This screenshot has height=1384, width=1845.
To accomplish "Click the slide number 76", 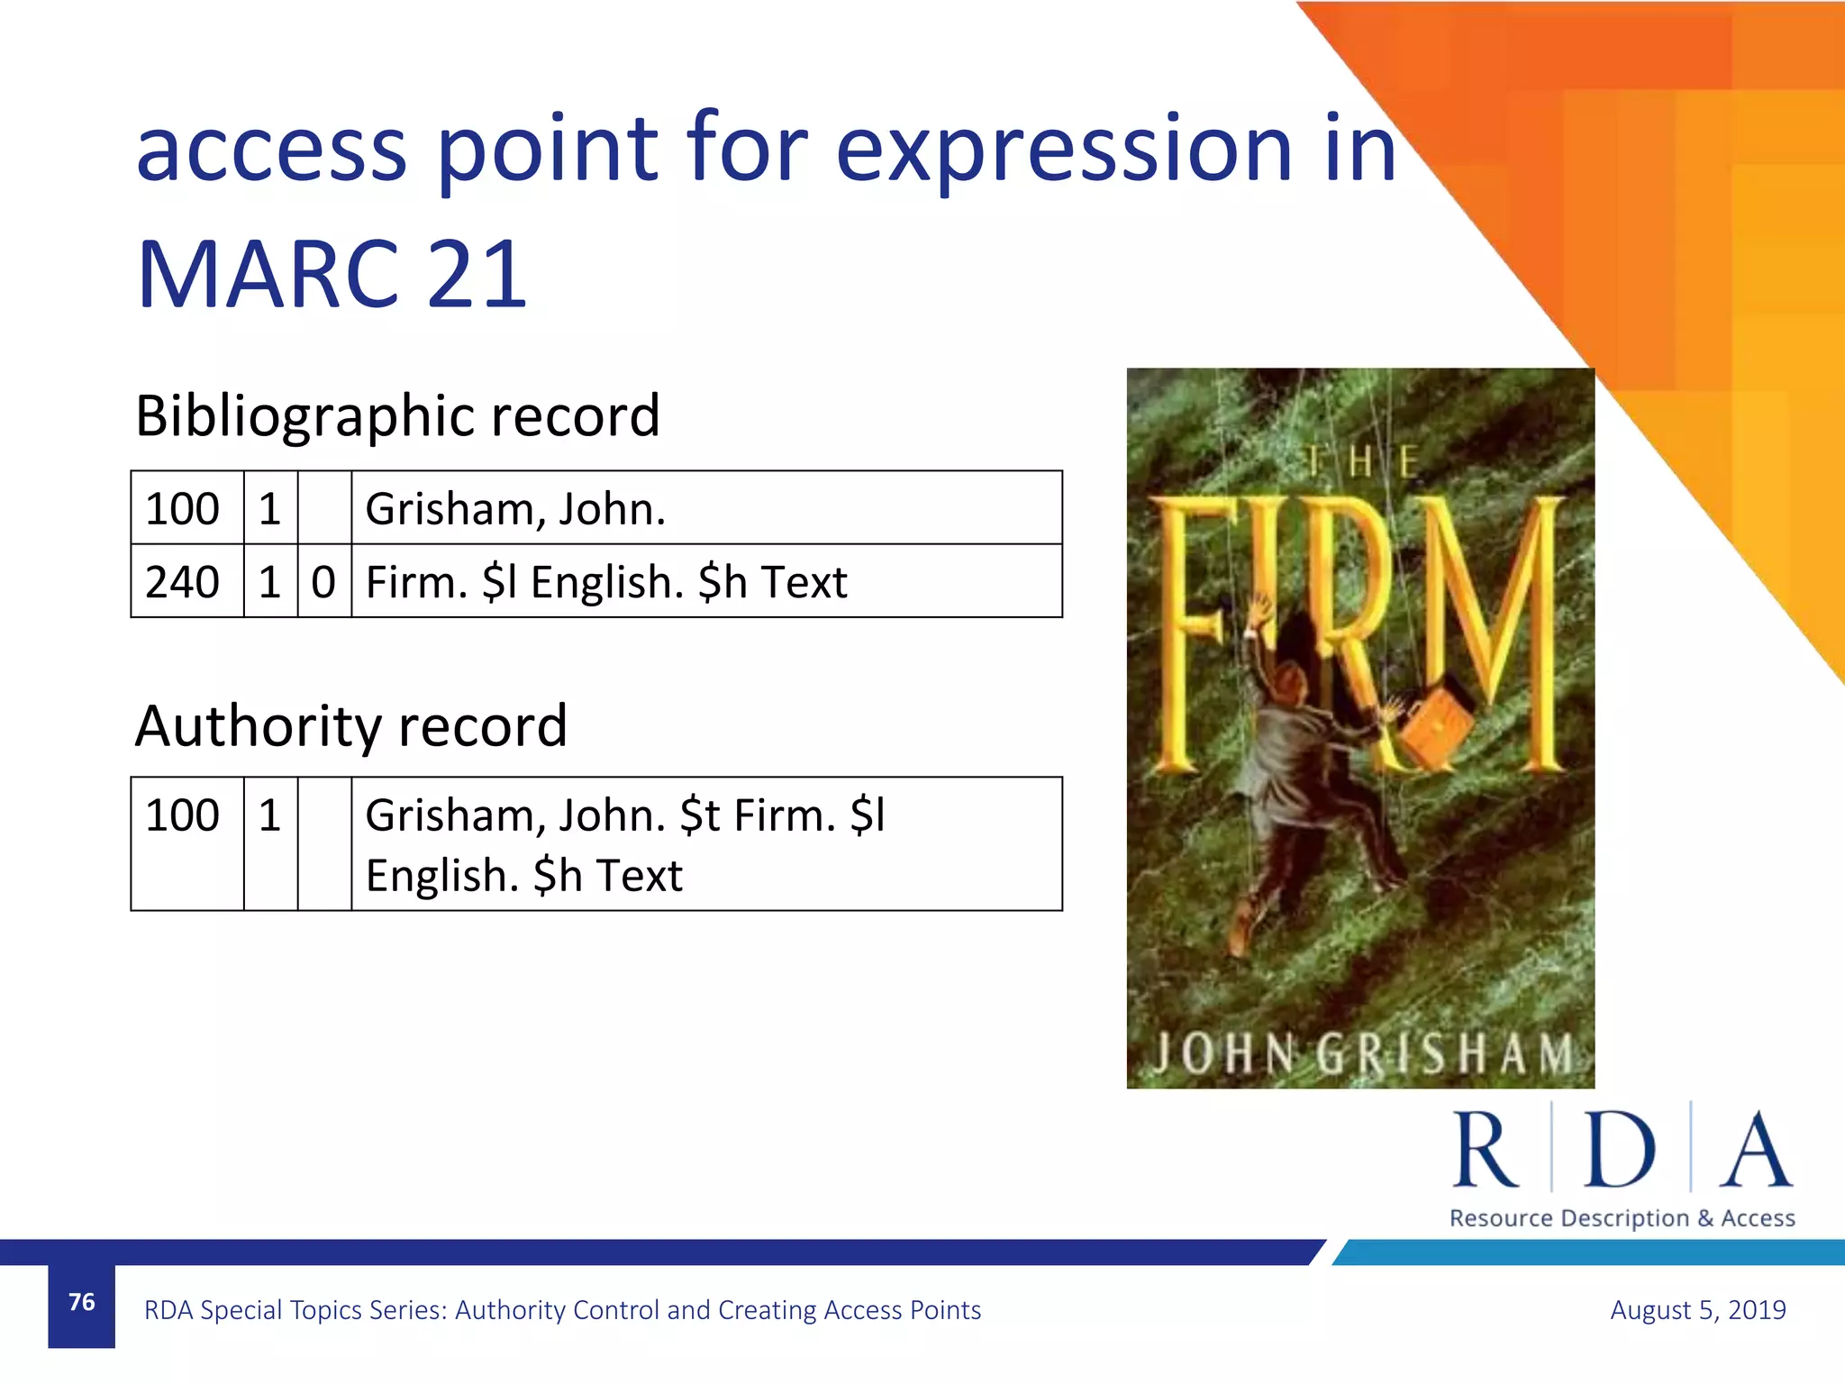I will [81, 1302].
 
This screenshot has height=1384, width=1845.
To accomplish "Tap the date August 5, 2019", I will [1697, 1309].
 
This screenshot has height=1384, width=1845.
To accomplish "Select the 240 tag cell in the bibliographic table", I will [183, 582].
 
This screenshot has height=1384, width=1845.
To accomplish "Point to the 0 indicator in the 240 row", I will [323, 582].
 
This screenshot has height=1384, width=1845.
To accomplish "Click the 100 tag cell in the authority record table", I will [183, 815].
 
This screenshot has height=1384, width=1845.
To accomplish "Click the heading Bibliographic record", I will [397, 415].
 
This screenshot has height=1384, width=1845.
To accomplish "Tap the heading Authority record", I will [351, 726].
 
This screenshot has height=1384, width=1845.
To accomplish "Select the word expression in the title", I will [1064, 150].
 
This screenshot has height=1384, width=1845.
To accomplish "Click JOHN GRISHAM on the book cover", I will [1362, 1052].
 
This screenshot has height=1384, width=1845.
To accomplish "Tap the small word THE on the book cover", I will [1362, 462].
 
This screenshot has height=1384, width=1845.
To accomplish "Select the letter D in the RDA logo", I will [1620, 1150].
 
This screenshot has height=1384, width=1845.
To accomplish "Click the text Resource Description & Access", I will [1622, 1218].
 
